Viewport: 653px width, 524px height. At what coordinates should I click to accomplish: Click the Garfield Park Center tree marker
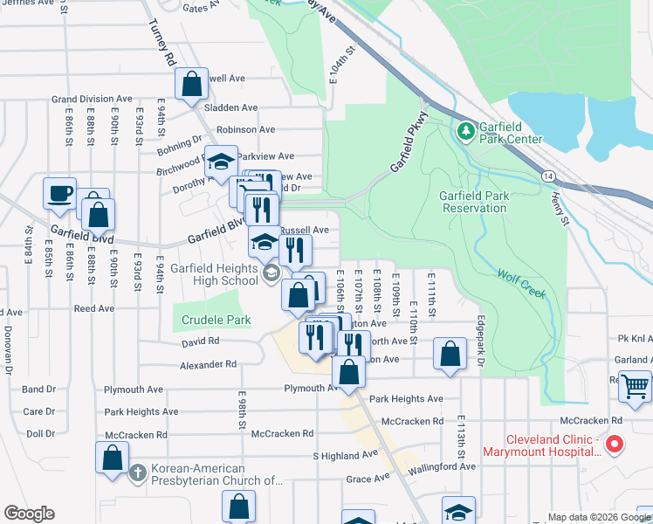pos(466,130)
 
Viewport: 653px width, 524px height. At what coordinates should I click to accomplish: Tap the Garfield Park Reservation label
pos(474,202)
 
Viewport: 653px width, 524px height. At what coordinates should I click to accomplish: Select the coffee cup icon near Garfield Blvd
pos(60,192)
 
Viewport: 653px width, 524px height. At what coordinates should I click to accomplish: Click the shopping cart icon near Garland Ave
pos(635,385)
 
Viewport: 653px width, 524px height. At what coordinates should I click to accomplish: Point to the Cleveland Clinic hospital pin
pos(614,445)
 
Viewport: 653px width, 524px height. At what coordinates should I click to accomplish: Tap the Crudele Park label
pos(216,321)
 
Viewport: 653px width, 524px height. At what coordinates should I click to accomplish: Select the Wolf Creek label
pos(521,284)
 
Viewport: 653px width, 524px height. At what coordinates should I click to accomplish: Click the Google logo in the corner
pos(29,514)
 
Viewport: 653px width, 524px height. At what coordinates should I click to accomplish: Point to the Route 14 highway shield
pos(546,176)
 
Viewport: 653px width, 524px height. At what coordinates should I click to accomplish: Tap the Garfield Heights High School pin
pos(271,275)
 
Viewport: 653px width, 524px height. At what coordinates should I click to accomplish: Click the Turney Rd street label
pos(160,44)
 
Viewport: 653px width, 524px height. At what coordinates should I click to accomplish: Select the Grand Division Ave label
pos(92,100)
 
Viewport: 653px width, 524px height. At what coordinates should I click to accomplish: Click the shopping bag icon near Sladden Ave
pos(191,85)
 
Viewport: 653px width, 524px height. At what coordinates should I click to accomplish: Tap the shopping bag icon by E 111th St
pos(450,355)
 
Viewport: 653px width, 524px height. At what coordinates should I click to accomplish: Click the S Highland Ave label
pos(346,455)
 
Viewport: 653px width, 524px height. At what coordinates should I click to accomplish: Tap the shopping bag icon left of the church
pos(113,458)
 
